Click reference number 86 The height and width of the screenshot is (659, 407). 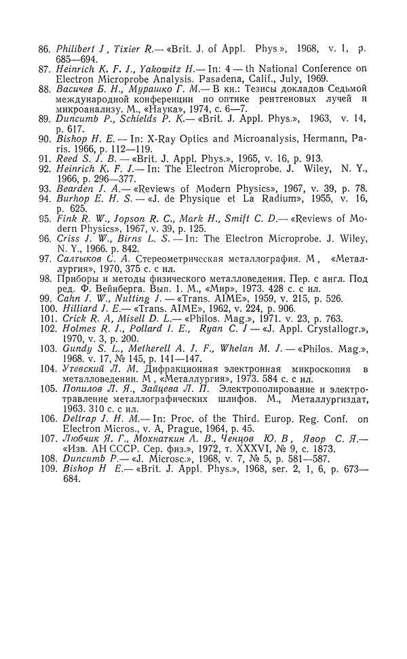[45, 49]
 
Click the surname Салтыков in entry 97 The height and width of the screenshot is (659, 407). [82, 258]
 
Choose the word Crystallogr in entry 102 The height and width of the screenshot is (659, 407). [322, 329]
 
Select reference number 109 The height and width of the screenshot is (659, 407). [45, 468]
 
